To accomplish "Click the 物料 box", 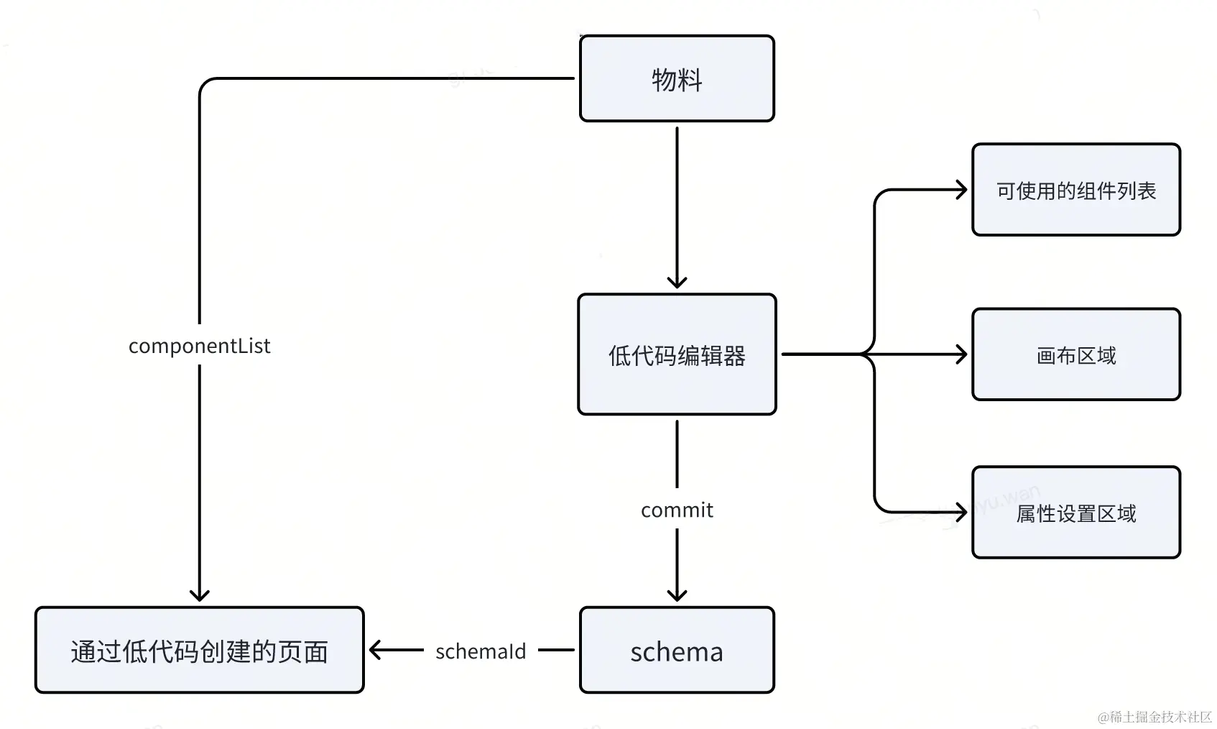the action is coord(677,78).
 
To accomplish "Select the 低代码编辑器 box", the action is coord(677,354).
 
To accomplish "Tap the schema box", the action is coord(677,650).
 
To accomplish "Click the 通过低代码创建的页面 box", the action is coord(200,650).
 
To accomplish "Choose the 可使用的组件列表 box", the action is coord(1076,190).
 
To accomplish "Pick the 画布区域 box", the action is coord(1076,354).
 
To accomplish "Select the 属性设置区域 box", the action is coord(1076,512).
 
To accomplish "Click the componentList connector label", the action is coord(200,346).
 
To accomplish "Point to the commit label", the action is coord(677,510).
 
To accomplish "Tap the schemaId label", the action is coord(481,651).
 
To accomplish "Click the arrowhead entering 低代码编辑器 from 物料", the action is coord(677,282).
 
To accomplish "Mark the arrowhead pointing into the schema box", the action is coord(677,595).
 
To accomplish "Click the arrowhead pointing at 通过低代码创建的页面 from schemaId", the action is coord(376,650).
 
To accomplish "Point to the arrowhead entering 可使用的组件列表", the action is coord(961,190).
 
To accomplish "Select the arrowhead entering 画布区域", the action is coord(961,354).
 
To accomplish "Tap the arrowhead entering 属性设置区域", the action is coord(961,512).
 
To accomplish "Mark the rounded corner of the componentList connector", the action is coord(205,84).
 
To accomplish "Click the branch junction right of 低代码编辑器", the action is coord(868,354).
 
